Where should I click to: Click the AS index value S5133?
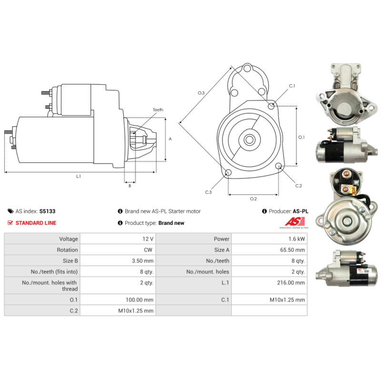(x=47, y=211)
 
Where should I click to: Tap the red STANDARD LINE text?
(x=36, y=223)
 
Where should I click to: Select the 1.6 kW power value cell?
(x=269, y=239)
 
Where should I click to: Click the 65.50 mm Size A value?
(x=292, y=250)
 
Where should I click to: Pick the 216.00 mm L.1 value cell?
(x=269, y=285)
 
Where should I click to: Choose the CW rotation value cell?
(x=118, y=250)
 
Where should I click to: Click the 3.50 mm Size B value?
(x=142, y=261)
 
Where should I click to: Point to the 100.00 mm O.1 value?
(x=140, y=300)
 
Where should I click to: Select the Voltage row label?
(x=69, y=239)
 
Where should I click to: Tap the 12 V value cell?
(x=118, y=239)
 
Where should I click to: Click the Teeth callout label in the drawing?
(x=158, y=110)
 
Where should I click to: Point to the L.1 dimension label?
(x=78, y=176)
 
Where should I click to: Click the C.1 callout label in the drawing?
(x=292, y=86)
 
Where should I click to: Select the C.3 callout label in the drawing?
(x=209, y=192)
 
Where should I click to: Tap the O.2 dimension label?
(x=253, y=199)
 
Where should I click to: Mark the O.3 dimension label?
(x=201, y=93)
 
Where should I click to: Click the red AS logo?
(x=295, y=221)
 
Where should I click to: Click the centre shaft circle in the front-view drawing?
(x=250, y=140)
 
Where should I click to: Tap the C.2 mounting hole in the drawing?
(x=279, y=166)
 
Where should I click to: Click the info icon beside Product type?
(x=120, y=223)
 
